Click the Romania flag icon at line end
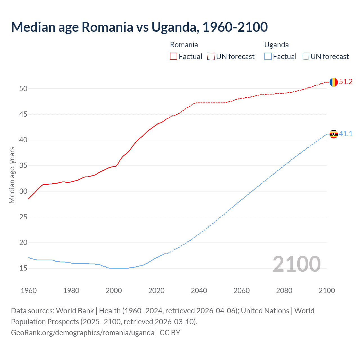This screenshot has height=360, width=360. (x=333, y=82)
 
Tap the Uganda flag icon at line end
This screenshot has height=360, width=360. (x=333, y=134)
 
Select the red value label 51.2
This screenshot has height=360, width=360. (x=346, y=82)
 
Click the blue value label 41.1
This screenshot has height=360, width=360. (x=346, y=134)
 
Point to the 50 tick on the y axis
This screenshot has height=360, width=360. (x=23, y=89)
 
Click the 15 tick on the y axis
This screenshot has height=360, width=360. (x=23, y=268)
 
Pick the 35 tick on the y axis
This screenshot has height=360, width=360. (x=23, y=166)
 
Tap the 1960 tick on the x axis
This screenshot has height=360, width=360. (x=29, y=291)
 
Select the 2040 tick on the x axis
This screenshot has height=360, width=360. (x=199, y=291)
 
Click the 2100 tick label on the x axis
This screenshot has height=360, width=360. (x=327, y=291)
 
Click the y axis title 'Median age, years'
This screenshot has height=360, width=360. (x=12, y=175)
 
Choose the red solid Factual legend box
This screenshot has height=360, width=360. (x=174, y=57)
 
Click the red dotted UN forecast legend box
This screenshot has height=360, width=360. (x=211, y=57)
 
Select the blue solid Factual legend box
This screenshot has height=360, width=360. (x=268, y=57)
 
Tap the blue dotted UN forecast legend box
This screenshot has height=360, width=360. (x=305, y=57)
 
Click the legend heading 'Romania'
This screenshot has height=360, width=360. (x=184, y=45)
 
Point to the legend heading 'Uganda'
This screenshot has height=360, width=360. (x=276, y=45)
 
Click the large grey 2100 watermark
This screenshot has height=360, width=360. (x=296, y=264)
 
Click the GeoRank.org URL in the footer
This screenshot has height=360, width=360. (x=82, y=332)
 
